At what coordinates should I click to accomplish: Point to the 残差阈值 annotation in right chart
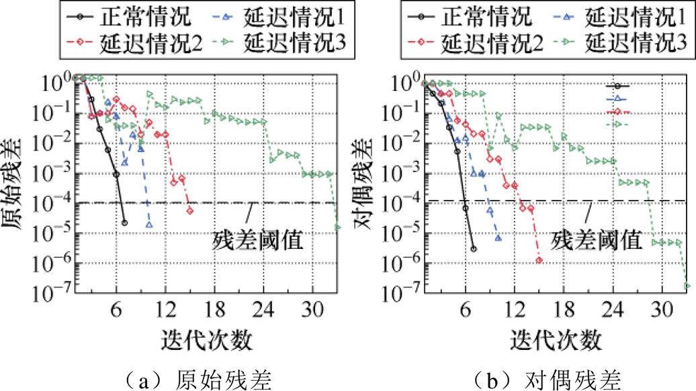pyautogui.click(x=594, y=240)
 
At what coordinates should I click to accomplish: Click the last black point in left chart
pyautogui.click(x=124, y=222)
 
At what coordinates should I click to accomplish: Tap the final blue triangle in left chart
pyautogui.click(x=148, y=224)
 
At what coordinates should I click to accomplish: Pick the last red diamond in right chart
pyautogui.click(x=539, y=260)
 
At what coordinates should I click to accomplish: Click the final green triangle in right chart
pyautogui.click(x=687, y=286)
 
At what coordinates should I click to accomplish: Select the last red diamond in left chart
pyautogui.click(x=190, y=211)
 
